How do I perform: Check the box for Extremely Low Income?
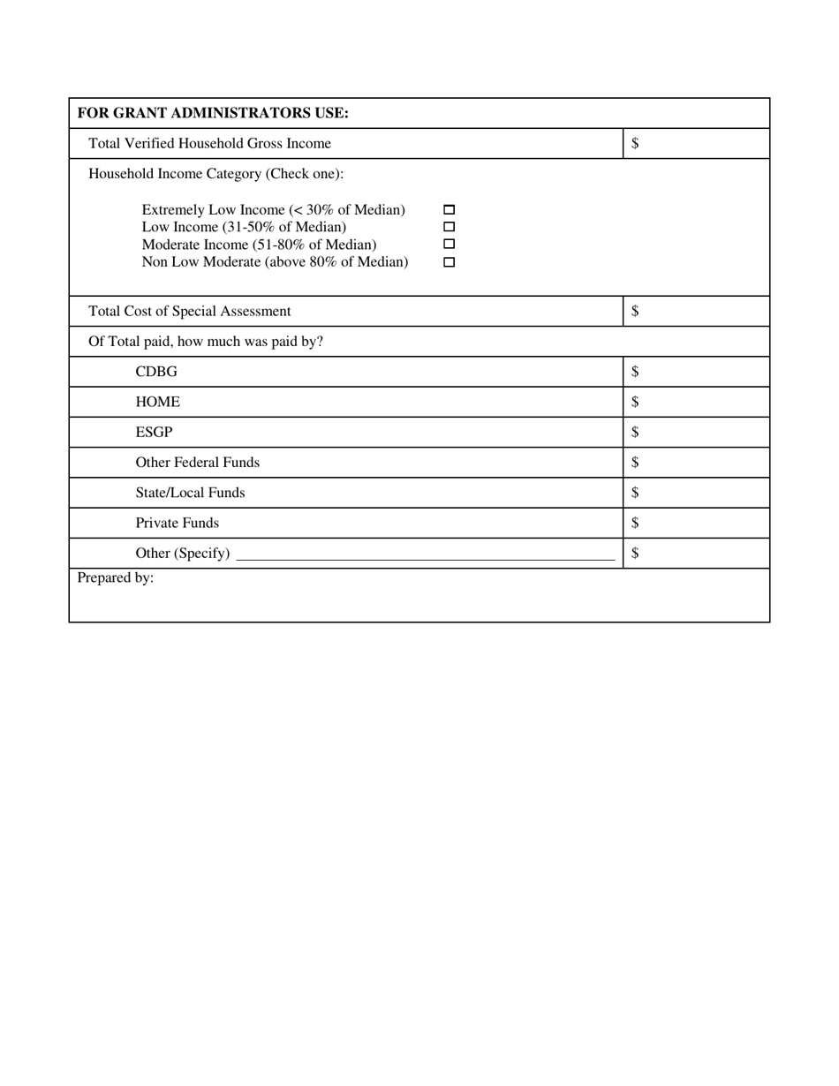(449, 210)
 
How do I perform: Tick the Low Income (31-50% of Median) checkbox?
(449, 227)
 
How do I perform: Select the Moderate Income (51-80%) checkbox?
(449, 244)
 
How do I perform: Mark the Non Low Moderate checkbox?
(449, 262)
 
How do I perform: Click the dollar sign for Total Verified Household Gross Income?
(635, 143)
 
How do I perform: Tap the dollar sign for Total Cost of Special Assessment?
(635, 311)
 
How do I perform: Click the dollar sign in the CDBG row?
(635, 372)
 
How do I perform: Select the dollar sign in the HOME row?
(635, 402)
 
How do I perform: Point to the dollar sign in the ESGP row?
(635, 432)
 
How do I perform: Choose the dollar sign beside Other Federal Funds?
(635, 462)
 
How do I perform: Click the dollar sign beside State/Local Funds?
(635, 493)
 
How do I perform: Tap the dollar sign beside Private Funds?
(635, 523)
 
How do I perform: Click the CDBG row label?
(156, 372)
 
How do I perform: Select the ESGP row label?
(154, 432)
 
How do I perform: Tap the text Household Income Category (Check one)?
(215, 173)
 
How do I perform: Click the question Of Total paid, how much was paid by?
(206, 341)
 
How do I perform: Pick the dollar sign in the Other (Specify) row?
(635, 553)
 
